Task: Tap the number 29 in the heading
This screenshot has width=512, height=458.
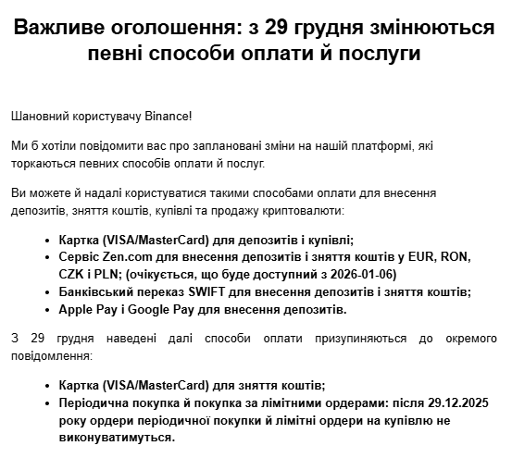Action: point(278,28)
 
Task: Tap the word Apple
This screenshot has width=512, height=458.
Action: point(77,309)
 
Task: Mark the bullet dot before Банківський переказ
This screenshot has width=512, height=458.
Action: point(47,291)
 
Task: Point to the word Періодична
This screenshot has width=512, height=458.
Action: point(95,403)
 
